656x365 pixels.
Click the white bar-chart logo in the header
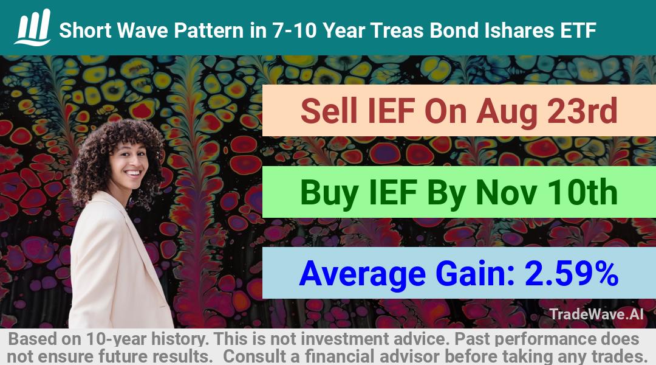click(x=33, y=27)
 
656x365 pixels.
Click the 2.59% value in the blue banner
click(x=572, y=274)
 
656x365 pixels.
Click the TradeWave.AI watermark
click(x=596, y=315)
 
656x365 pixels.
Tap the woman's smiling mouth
click(x=134, y=173)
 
